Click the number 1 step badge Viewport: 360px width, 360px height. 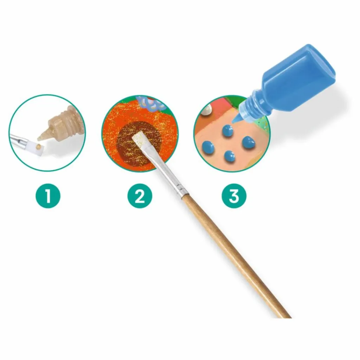pos(48,196)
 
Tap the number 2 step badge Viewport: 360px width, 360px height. pos(140,196)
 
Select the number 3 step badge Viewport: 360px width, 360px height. pos(234,196)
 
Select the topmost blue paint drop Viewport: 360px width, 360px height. pos(228,131)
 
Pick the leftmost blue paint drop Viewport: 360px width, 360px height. pos(208,147)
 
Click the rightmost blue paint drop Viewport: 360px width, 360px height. pos(249,143)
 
